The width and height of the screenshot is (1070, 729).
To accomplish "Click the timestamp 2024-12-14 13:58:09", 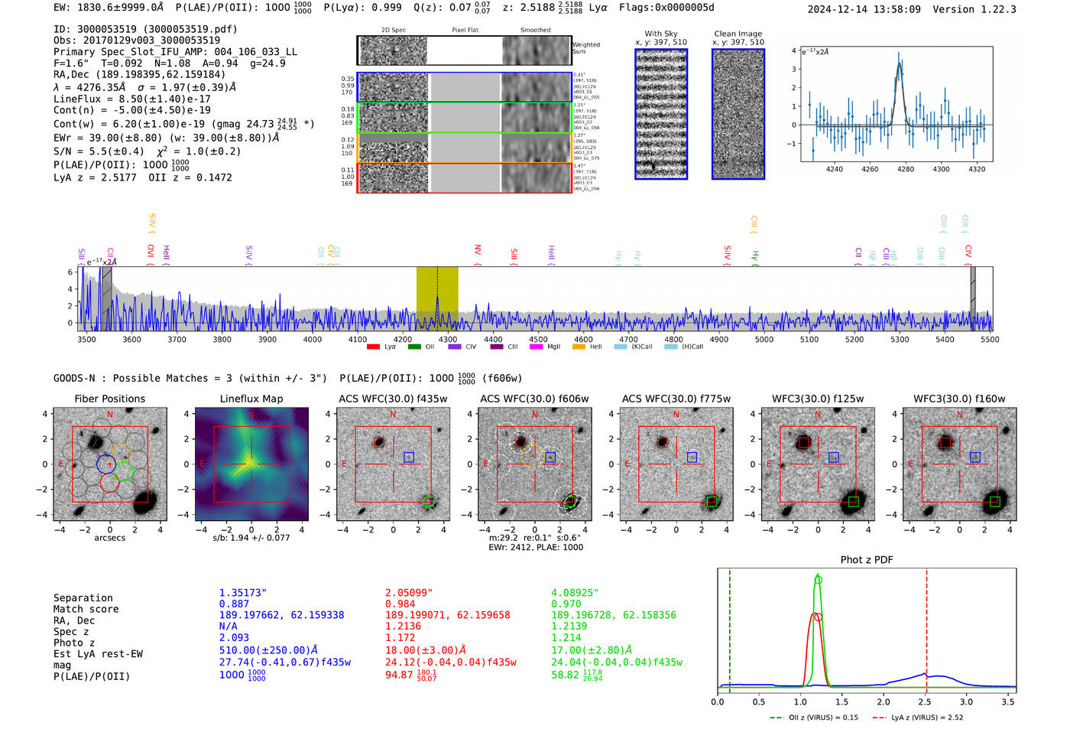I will [864, 9].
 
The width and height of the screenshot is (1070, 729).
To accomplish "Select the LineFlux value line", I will [131, 99].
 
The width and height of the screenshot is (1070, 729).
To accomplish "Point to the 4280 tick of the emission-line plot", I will [906, 169].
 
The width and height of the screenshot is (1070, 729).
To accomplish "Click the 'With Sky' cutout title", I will [660, 34].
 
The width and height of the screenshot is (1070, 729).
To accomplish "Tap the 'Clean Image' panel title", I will [738, 34].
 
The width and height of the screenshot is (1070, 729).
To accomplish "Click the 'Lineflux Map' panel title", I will [251, 399].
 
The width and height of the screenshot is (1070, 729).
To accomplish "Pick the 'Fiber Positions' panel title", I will [109, 399].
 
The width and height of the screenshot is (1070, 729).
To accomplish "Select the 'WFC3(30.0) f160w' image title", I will [959, 399].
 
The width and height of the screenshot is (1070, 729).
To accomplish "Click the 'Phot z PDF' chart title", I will [866, 560].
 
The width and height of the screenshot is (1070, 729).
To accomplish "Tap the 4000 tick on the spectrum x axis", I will [313, 340].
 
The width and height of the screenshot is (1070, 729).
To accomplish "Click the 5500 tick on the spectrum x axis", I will [990, 340].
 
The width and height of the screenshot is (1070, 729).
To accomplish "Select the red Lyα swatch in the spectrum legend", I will [373, 347].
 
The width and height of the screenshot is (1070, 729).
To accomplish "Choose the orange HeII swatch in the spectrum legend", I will [579, 347].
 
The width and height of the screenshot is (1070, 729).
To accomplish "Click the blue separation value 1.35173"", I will [242, 593].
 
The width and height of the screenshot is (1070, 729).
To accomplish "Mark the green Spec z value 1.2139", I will [569, 626].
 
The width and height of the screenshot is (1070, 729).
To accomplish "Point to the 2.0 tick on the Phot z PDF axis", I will [884, 701].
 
